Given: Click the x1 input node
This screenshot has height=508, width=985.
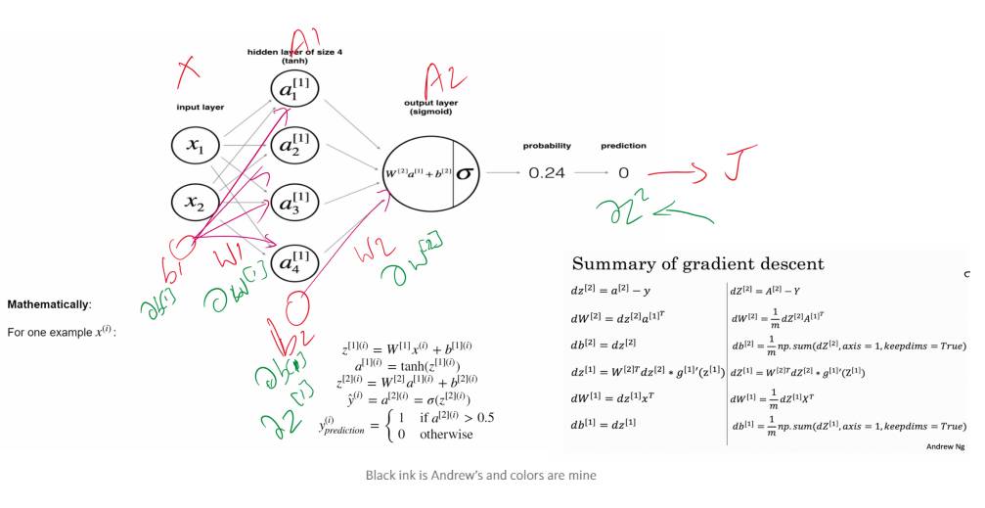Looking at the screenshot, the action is [197, 148].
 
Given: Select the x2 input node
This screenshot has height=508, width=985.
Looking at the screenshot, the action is [197, 203].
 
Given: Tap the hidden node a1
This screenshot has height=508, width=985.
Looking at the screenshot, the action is [296, 90].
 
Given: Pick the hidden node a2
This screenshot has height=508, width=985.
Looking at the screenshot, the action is [296, 146].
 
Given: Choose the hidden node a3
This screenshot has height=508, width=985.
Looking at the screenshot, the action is [296, 205].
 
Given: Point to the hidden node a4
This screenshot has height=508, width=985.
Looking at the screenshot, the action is [296, 261].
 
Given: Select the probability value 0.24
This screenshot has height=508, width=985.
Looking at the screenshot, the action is [547, 173].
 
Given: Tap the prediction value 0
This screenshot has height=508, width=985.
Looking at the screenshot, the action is [623, 173].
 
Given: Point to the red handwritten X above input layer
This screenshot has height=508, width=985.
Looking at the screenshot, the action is [188, 70].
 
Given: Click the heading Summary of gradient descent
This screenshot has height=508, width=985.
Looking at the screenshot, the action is [697, 264].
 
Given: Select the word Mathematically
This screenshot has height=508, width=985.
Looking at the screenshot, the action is [49, 304].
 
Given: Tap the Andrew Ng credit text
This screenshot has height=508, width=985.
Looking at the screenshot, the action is [945, 446].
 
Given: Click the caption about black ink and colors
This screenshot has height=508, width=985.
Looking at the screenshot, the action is [480, 476].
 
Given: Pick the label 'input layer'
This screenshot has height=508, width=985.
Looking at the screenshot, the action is [200, 107].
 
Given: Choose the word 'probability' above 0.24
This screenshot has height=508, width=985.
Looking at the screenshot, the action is [547, 146].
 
